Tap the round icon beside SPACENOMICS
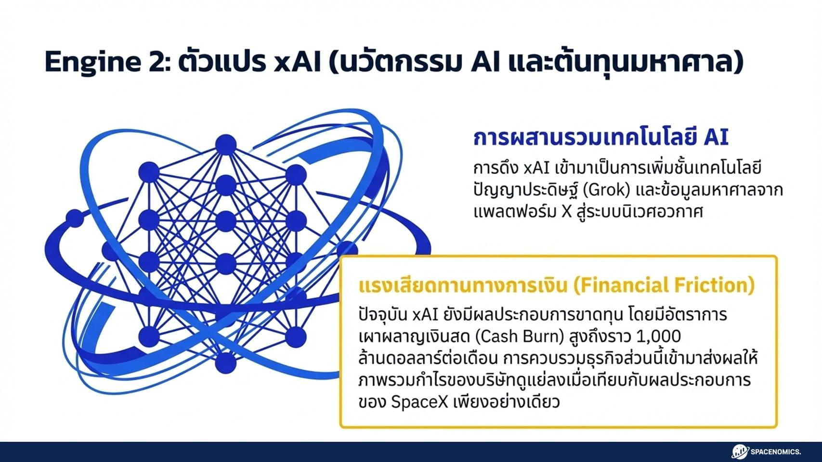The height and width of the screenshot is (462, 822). coord(740,451)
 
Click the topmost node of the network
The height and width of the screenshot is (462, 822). coord(225,144)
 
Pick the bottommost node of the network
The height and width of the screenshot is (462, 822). coord(225,363)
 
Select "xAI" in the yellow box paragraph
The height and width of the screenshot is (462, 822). coord(425,315)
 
